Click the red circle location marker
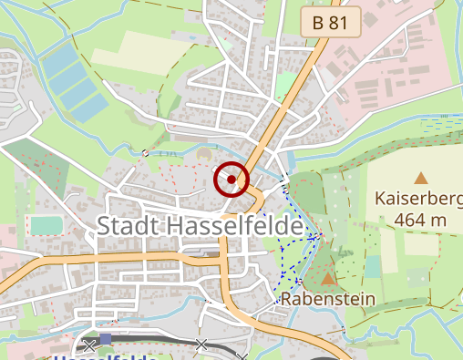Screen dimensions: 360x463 coord(231,179)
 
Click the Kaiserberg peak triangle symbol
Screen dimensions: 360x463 coord(421,179)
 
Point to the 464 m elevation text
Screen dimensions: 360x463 coord(420,219)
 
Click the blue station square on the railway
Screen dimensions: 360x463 coord(106,339)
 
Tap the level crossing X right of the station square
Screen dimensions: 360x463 coord(201,345)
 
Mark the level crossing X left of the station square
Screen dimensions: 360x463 coord(88,345)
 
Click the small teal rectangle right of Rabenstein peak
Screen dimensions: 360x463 coord(372,267)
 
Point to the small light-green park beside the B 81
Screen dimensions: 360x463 coord(286,84)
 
